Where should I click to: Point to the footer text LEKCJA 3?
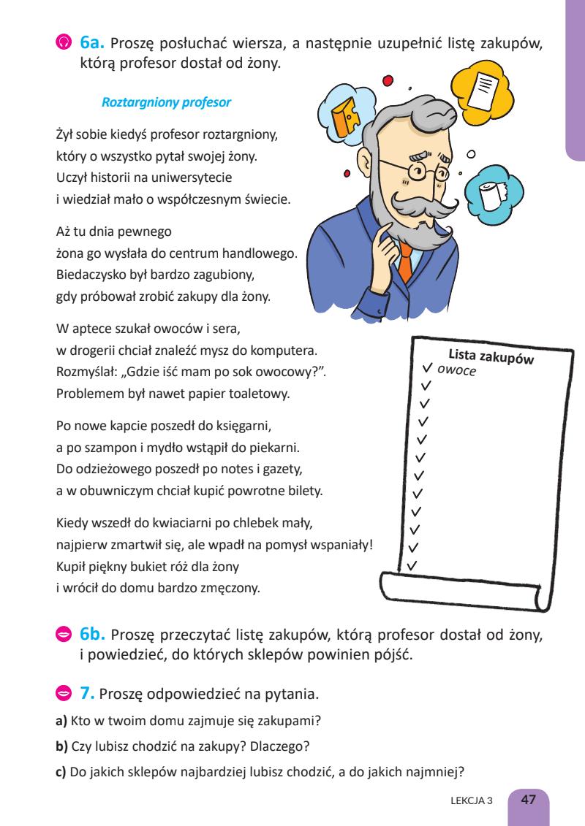click(474, 800)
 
